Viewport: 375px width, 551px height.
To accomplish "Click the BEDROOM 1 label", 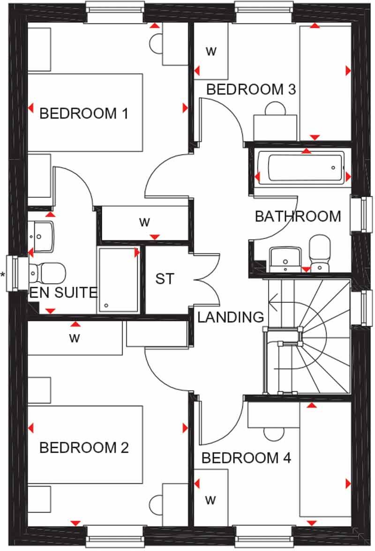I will tap(84, 113).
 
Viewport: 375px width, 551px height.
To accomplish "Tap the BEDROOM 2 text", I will tap(84, 448).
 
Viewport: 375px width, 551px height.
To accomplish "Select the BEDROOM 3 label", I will tap(251, 89).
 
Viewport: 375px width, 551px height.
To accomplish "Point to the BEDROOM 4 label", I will tap(246, 458).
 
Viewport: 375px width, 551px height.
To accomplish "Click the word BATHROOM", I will tap(298, 216).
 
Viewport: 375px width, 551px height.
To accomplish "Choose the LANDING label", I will tap(231, 317).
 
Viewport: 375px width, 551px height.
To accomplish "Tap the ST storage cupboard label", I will tap(165, 279).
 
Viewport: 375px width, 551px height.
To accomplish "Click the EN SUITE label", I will tap(63, 293).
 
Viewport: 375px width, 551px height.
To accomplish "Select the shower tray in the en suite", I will tap(118, 280).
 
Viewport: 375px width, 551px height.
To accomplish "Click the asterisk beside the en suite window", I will tap(3, 275).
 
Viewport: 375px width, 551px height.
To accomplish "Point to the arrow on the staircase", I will tap(273, 297).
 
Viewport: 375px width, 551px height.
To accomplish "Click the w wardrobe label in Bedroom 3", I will tap(211, 52).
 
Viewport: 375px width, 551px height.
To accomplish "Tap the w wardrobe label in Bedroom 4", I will tap(210, 500).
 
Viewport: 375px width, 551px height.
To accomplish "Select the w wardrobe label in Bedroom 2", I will tap(74, 338).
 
